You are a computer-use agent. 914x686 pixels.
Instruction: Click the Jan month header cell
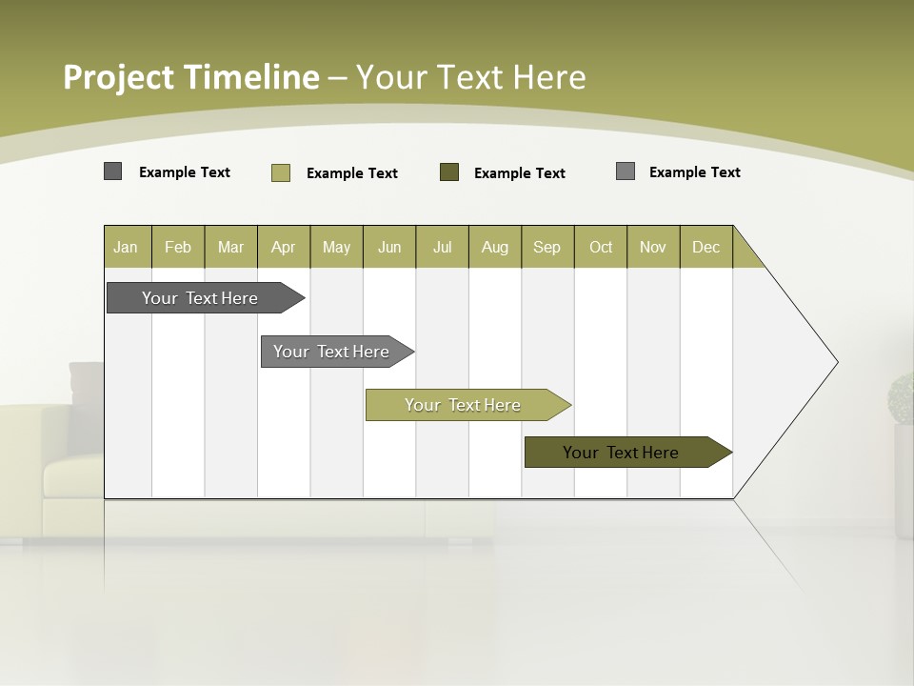pyautogui.click(x=127, y=247)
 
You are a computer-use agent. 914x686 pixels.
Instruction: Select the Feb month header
pyautogui.click(x=178, y=247)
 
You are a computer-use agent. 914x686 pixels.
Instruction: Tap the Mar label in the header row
pyautogui.click(x=230, y=247)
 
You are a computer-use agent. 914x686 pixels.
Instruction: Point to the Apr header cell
pyautogui.click(x=284, y=247)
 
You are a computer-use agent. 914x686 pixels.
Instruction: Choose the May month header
pyautogui.click(x=336, y=247)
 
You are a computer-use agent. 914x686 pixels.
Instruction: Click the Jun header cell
pyautogui.click(x=389, y=247)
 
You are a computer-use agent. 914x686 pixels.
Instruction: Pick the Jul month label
pyautogui.click(x=442, y=247)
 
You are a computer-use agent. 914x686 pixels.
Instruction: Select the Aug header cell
pyautogui.click(x=495, y=247)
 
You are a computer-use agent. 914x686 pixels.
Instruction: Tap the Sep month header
pyautogui.click(x=547, y=247)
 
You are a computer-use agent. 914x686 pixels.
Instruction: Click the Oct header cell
pyautogui.click(x=601, y=247)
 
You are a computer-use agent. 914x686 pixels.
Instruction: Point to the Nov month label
pyautogui.click(x=653, y=247)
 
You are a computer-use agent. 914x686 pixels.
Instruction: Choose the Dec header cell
pyautogui.click(x=706, y=247)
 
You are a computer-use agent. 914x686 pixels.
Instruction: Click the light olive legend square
pyautogui.click(x=281, y=172)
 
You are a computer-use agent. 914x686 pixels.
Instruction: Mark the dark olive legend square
pyautogui.click(x=449, y=172)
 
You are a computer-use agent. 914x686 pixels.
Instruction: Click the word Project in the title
pyautogui.click(x=118, y=77)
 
